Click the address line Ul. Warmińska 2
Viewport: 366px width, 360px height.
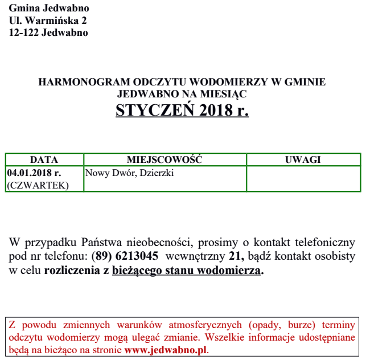pyautogui.click(x=48, y=21)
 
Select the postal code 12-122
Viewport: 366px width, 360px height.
pyautogui.click(x=23, y=32)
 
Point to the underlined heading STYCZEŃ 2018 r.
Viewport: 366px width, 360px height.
pyautogui.click(x=182, y=110)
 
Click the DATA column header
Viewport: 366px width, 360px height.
pyautogui.click(x=44, y=160)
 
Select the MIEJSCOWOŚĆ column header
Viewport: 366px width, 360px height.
pyautogui.click(x=165, y=160)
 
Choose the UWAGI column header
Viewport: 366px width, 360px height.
pyautogui.click(x=303, y=160)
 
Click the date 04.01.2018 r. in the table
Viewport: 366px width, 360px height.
pyautogui.click(x=34, y=173)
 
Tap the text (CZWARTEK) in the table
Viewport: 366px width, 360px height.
pyautogui.click(x=38, y=185)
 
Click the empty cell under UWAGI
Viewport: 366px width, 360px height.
pyautogui.click(x=303, y=179)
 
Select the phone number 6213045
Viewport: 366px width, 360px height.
pyautogui.click(x=138, y=256)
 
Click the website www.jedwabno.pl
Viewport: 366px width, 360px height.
pyautogui.click(x=166, y=349)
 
